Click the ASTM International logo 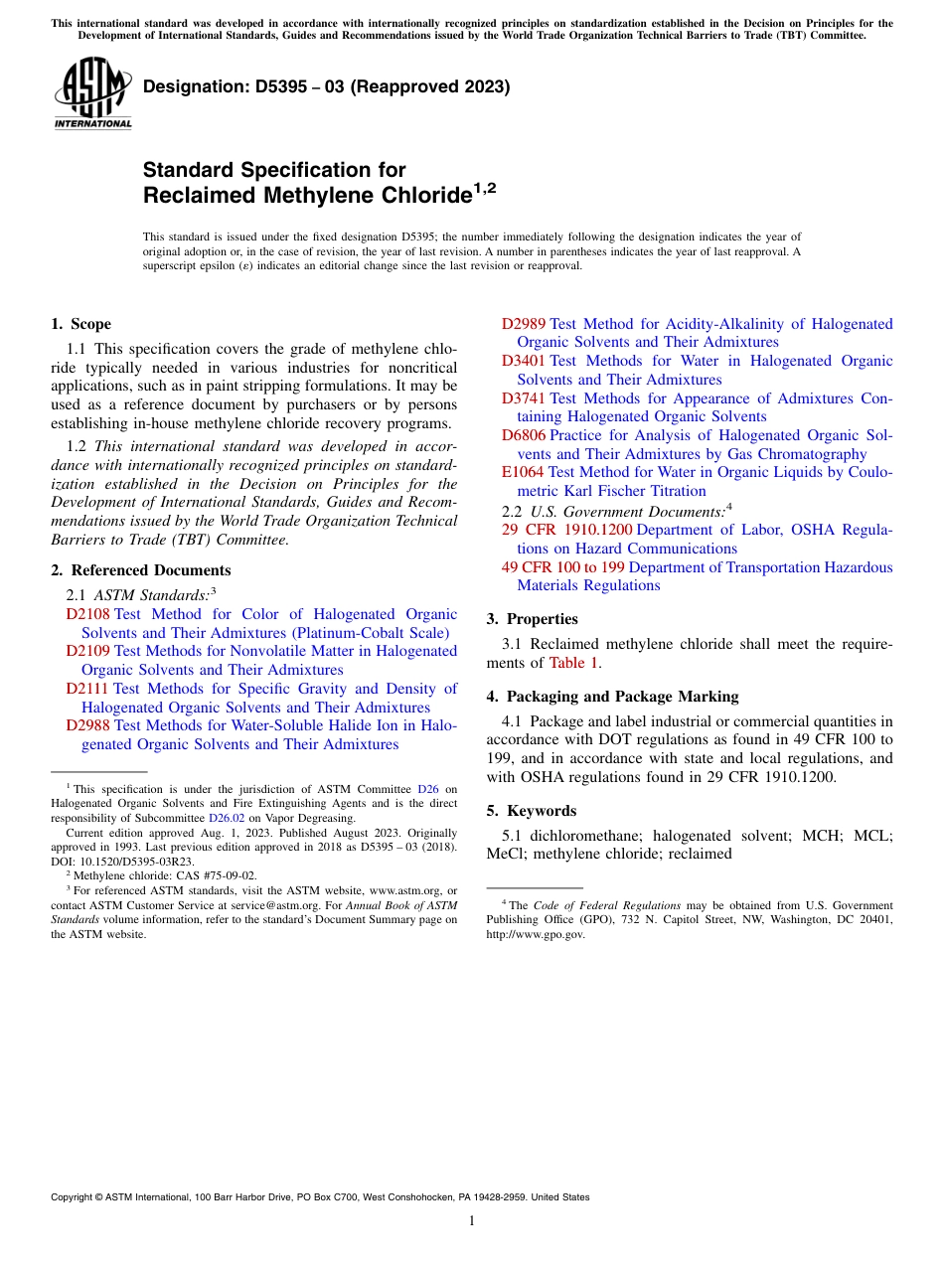click(x=92, y=92)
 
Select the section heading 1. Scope click(x=80, y=324)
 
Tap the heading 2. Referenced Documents click(x=140, y=570)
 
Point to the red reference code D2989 click(x=524, y=324)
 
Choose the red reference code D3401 click(x=524, y=361)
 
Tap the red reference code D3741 click(x=524, y=398)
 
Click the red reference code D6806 click(x=524, y=435)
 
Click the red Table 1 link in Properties click(x=574, y=663)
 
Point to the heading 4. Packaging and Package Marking click(x=612, y=697)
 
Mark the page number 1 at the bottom click(x=472, y=1221)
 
